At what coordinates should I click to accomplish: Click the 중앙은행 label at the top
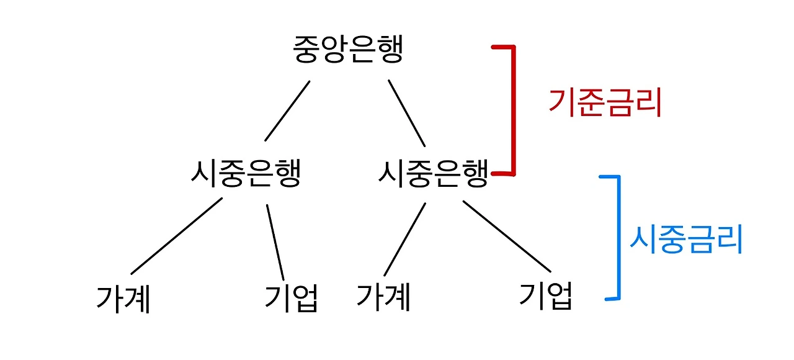(348, 50)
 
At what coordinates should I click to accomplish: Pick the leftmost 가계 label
(123, 299)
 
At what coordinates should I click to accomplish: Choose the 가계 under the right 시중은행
(383, 297)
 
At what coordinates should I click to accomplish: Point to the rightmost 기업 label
(545, 297)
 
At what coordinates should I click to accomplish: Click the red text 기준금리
(605, 104)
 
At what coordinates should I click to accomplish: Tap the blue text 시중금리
(686, 240)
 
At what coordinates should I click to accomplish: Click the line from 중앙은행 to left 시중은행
(287, 111)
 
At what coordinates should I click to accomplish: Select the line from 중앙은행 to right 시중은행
(407, 112)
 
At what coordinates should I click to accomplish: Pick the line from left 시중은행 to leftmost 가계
(177, 236)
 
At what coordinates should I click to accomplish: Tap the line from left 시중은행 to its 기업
(275, 242)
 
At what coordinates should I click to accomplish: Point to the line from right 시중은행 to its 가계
(405, 239)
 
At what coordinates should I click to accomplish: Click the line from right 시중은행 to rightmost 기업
(507, 236)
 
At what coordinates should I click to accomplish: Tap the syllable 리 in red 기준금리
(649, 104)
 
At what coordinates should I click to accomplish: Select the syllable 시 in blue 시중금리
(643, 240)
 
